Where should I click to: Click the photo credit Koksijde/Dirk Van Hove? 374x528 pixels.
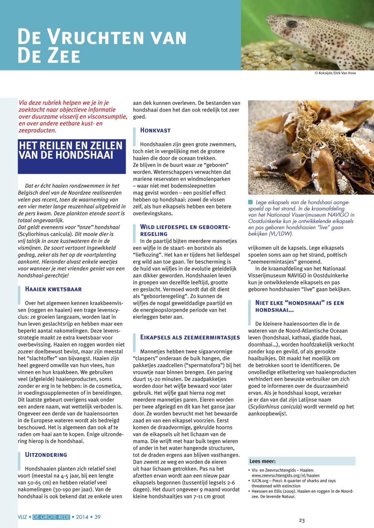coord(335,73)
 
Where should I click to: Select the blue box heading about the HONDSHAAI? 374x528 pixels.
coord(71,156)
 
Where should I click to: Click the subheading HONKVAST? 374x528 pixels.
coord(155,130)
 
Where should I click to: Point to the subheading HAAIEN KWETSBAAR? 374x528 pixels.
coord(53,289)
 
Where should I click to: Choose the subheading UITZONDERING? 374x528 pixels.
coord(46,455)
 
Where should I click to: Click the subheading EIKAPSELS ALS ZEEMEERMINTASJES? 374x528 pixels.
coord(190,338)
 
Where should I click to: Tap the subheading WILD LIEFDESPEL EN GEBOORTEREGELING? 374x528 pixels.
coord(185,230)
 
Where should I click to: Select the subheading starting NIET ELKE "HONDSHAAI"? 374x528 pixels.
coord(299,306)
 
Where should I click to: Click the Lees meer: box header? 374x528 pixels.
coord(263,461)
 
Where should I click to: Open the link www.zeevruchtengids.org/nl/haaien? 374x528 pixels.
coord(285,476)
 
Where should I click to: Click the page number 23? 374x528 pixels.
coord(302,521)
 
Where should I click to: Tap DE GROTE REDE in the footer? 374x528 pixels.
coord(51,517)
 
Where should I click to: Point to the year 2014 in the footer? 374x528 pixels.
coord(82,517)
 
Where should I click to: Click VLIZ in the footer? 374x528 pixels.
coord(22,517)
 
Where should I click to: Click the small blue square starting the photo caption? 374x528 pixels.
coord(251,202)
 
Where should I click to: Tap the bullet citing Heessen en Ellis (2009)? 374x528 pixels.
coord(302,494)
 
